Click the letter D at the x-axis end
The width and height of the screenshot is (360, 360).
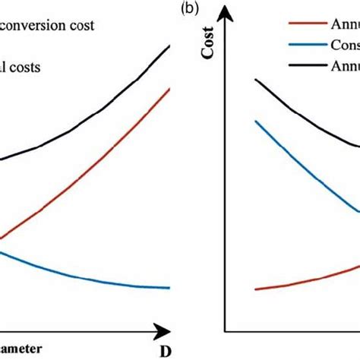point(164,352)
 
